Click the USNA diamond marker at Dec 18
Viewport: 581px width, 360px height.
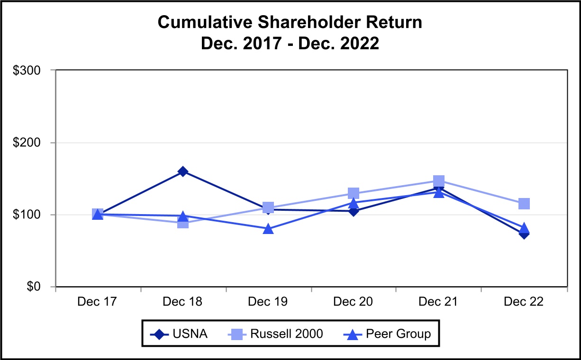click(x=183, y=171)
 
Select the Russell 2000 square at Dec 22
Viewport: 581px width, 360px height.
click(x=524, y=204)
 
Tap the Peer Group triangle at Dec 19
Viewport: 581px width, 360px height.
click(x=268, y=229)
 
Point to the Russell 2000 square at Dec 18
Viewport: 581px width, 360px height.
click(x=183, y=223)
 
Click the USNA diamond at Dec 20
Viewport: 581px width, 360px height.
click(x=354, y=211)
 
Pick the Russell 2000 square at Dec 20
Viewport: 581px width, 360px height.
click(x=354, y=193)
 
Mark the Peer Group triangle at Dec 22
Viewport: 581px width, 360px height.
click(x=524, y=228)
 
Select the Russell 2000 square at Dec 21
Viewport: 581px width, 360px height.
click(x=439, y=181)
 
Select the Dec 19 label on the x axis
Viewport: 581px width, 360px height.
click(x=268, y=302)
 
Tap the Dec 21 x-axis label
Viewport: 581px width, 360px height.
click(x=439, y=302)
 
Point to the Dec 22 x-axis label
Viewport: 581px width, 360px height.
click(x=524, y=302)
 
